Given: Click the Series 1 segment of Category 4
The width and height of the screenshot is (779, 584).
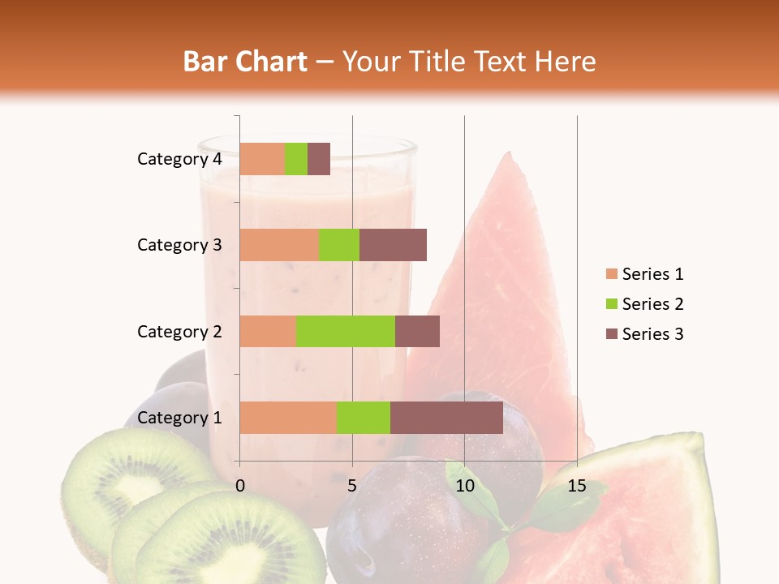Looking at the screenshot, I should [262, 159].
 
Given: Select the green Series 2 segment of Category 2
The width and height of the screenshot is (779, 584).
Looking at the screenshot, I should [345, 331].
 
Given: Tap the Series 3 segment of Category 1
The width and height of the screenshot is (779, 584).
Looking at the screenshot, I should [446, 418].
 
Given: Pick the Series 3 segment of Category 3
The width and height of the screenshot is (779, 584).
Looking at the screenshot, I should [393, 245].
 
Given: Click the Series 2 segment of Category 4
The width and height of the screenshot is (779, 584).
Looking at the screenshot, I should [296, 159].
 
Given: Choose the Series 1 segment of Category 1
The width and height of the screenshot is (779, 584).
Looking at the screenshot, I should [288, 418].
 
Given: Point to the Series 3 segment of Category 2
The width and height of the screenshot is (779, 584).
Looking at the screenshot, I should [417, 331].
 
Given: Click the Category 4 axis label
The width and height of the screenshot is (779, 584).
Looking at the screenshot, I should [179, 159].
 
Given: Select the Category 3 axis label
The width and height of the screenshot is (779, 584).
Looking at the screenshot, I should [179, 245].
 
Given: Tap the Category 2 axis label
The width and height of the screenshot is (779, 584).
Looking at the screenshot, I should [179, 332].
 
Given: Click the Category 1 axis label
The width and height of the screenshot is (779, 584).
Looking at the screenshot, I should [179, 418].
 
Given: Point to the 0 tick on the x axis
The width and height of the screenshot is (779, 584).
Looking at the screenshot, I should [240, 486].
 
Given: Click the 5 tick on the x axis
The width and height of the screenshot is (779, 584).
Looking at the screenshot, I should [352, 486].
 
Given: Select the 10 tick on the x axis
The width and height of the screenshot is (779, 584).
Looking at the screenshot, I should [464, 486].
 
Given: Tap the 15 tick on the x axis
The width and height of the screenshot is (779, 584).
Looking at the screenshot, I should [576, 486].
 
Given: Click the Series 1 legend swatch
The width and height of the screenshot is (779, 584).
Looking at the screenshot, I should [611, 274].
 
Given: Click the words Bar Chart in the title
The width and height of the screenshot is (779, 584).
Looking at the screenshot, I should [245, 62].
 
